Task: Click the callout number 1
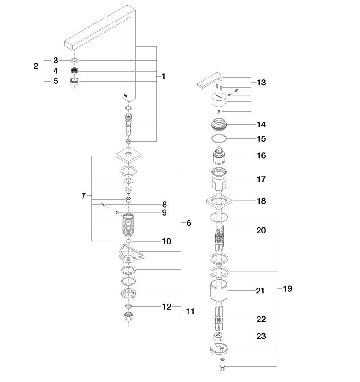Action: [x=163, y=77]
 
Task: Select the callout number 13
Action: [x=261, y=83]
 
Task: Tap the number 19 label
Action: [x=288, y=289]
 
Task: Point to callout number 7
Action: [x=83, y=196]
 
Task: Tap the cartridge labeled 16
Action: [x=219, y=155]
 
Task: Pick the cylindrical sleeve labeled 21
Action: [x=219, y=290]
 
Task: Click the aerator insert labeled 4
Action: [x=74, y=71]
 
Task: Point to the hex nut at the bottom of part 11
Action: [x=128, y=317]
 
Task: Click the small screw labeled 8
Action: [x=102, y=205]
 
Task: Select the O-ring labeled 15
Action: [x=219, y=138]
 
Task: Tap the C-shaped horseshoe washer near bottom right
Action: [x=219, y=349]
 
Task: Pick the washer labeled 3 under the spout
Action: [x=75, y=61]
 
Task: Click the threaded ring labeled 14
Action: [x=219, y=124]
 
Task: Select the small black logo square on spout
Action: [x=126, y=96]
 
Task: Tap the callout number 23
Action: [x=261, y=336]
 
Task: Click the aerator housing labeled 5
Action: [x=74, y=81]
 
